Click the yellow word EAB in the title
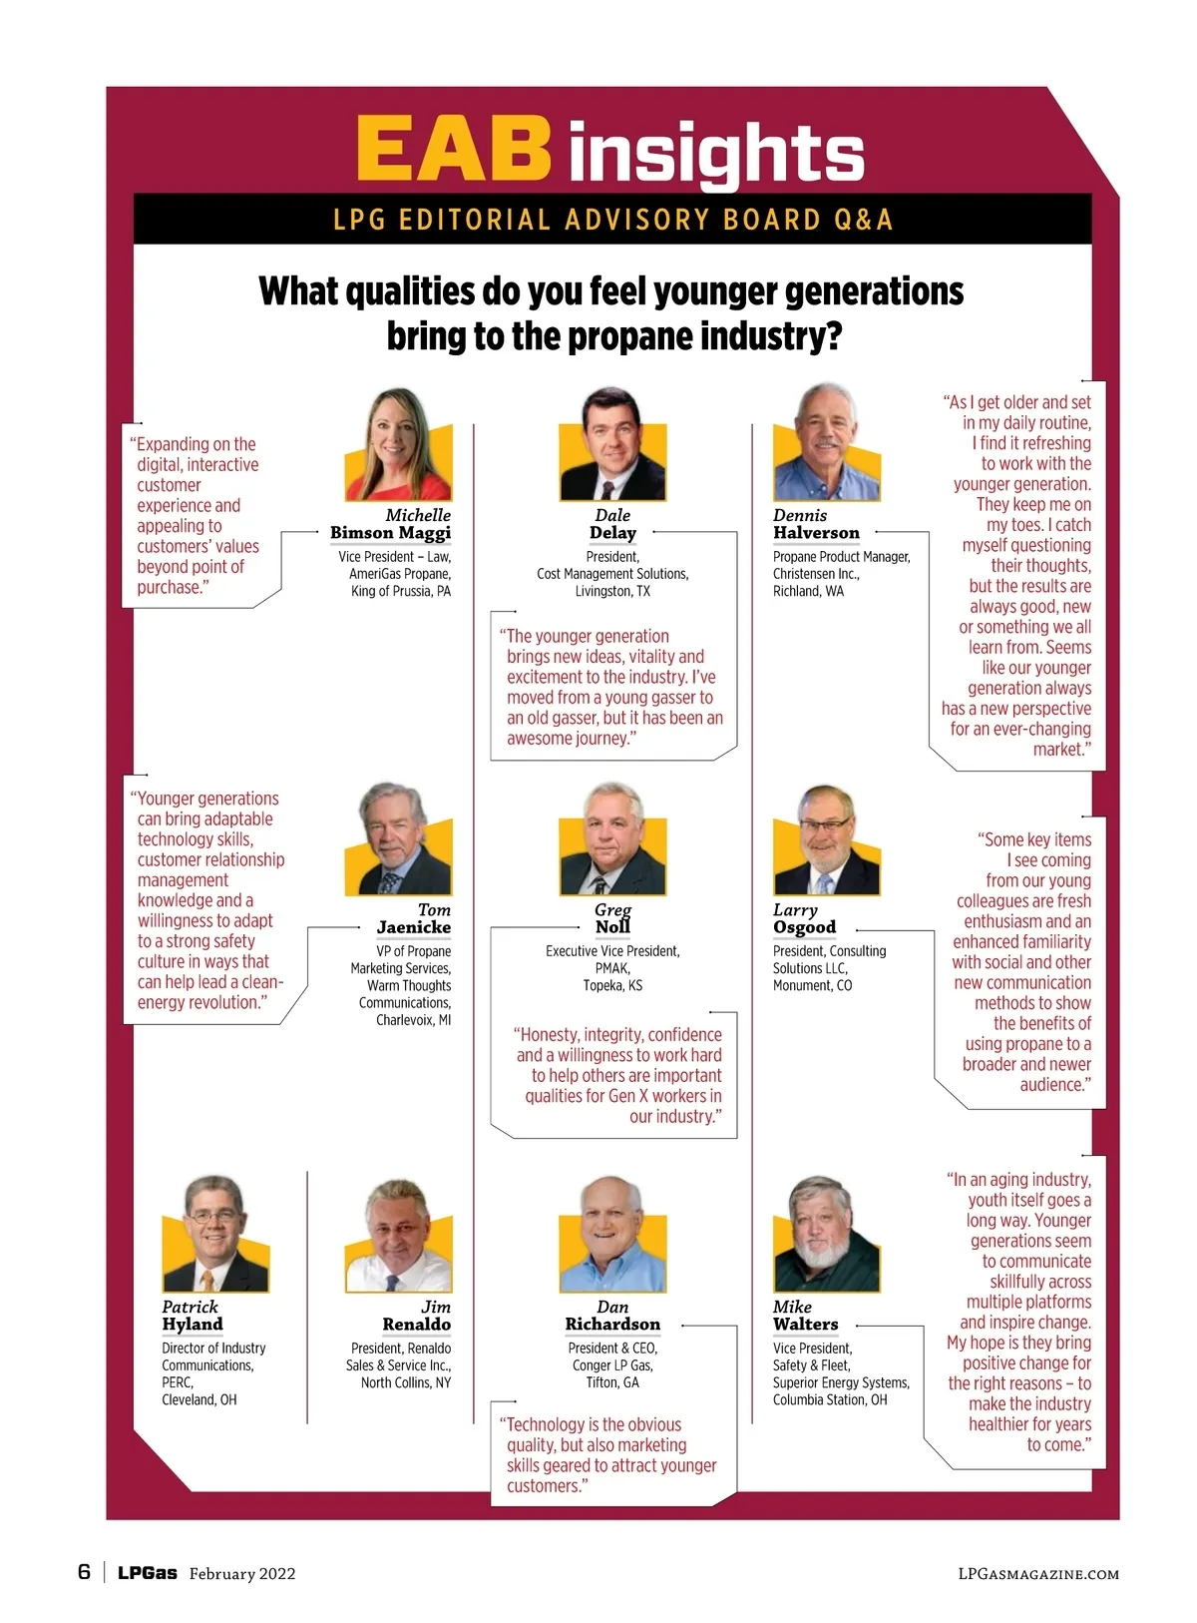pos(454,148)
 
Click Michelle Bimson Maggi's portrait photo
pos(398,445)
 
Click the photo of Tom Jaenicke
pos(398,839)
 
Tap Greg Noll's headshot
pos(612,839)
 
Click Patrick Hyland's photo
pos(215,1235)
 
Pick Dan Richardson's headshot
pos(612,1235)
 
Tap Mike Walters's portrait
pos(826,1235)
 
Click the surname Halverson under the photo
pos(816,533)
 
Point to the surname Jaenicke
pos(414,927)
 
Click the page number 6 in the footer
pos(84,1572)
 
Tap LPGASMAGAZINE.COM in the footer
pos(1038,1574)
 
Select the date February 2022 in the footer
pos(242,1574)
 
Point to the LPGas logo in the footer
pos(148,1573)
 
